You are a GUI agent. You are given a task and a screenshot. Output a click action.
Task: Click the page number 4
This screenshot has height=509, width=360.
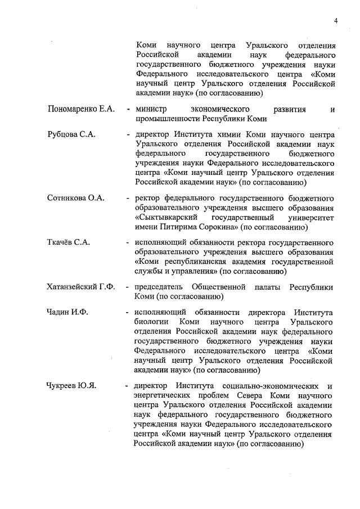(335, 21)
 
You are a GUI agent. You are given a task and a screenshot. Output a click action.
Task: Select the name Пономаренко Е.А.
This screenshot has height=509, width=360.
(82, 109)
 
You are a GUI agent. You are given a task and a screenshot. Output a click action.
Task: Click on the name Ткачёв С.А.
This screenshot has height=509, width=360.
(69, 242)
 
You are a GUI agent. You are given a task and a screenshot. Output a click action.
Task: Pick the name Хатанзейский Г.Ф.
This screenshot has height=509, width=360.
(82, 287)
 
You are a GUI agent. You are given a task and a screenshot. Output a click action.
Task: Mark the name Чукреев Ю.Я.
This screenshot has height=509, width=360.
(72, 386)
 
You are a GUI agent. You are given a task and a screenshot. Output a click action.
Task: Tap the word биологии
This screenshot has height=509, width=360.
(152, 322)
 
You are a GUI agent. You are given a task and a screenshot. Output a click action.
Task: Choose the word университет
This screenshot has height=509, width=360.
(309, 218)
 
